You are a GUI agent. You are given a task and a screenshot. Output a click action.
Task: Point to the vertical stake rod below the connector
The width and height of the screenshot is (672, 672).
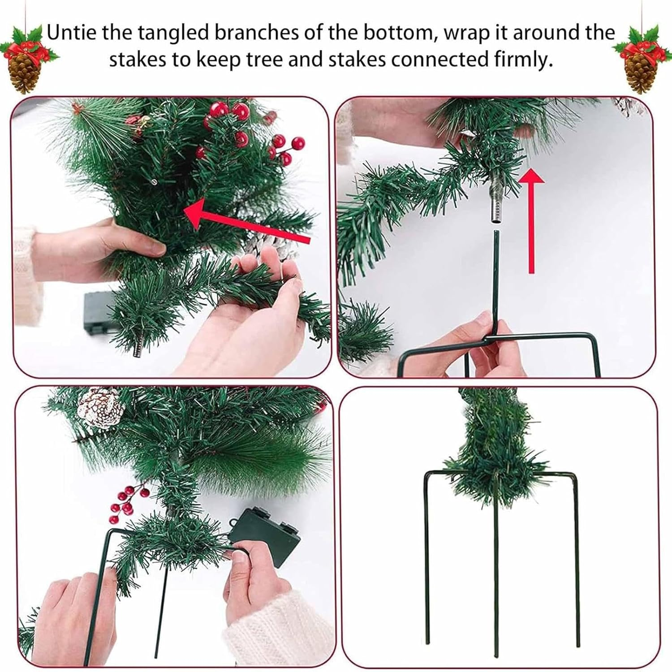(x=497, y=278)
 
